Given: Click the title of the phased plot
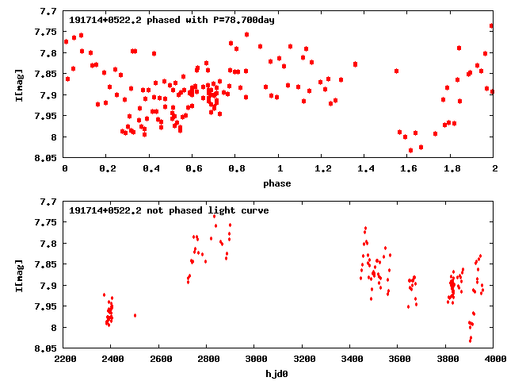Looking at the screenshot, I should point(172,20).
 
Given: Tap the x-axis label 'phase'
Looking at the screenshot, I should point(279,183).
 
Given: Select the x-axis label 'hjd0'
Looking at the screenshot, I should point(279,374).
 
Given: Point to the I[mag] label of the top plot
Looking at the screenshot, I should point(21,84).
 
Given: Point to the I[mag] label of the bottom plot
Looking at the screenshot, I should point(21,275).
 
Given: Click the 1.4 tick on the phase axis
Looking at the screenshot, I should point(365,169).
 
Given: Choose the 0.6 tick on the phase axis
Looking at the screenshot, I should point(193,169).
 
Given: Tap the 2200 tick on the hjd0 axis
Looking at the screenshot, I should point(64,360).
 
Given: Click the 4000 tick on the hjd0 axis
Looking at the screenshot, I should point(494,360).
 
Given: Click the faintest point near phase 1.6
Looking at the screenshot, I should point(410,150).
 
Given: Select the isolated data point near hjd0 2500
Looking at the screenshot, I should point(135,315).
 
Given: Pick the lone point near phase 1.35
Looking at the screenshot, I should point(355,63).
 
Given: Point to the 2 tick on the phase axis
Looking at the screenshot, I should point(494,169).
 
